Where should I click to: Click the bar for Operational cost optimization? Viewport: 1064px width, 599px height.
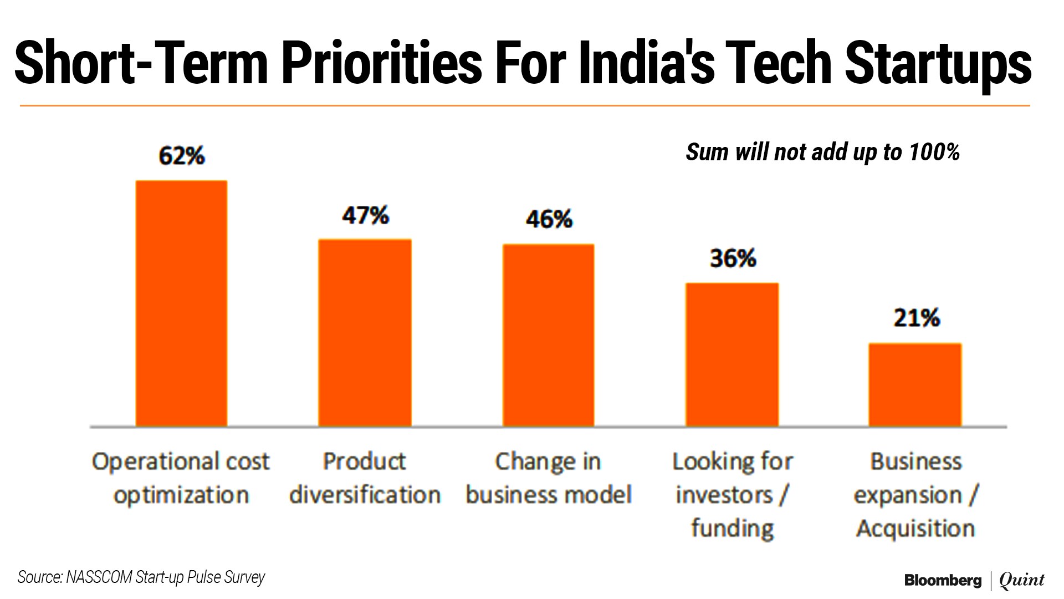tap(181, 303)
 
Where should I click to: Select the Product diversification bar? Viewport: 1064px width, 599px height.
tap(365, 333)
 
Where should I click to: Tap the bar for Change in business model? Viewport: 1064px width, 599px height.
tap(548, 335)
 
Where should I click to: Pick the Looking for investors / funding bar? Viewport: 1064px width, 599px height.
tap(732, 355)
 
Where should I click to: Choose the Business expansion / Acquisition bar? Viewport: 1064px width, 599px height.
tap(915, 385)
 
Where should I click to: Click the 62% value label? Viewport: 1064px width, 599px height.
tap(182, 156)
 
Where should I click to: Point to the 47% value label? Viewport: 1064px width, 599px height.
tap(365, 216)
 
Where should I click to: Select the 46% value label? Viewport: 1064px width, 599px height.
tap(549, 220)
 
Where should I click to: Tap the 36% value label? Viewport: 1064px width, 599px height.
tap(733, 258)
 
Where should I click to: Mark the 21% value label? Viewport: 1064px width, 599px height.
tap(917, 318)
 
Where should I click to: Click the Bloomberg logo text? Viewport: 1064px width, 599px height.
tap(943, 581)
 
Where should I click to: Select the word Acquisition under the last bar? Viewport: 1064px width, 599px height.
tap(915, 529)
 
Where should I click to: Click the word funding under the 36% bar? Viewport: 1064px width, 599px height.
tap(732, 529)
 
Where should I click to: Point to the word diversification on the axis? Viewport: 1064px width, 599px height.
tap(365, 495)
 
